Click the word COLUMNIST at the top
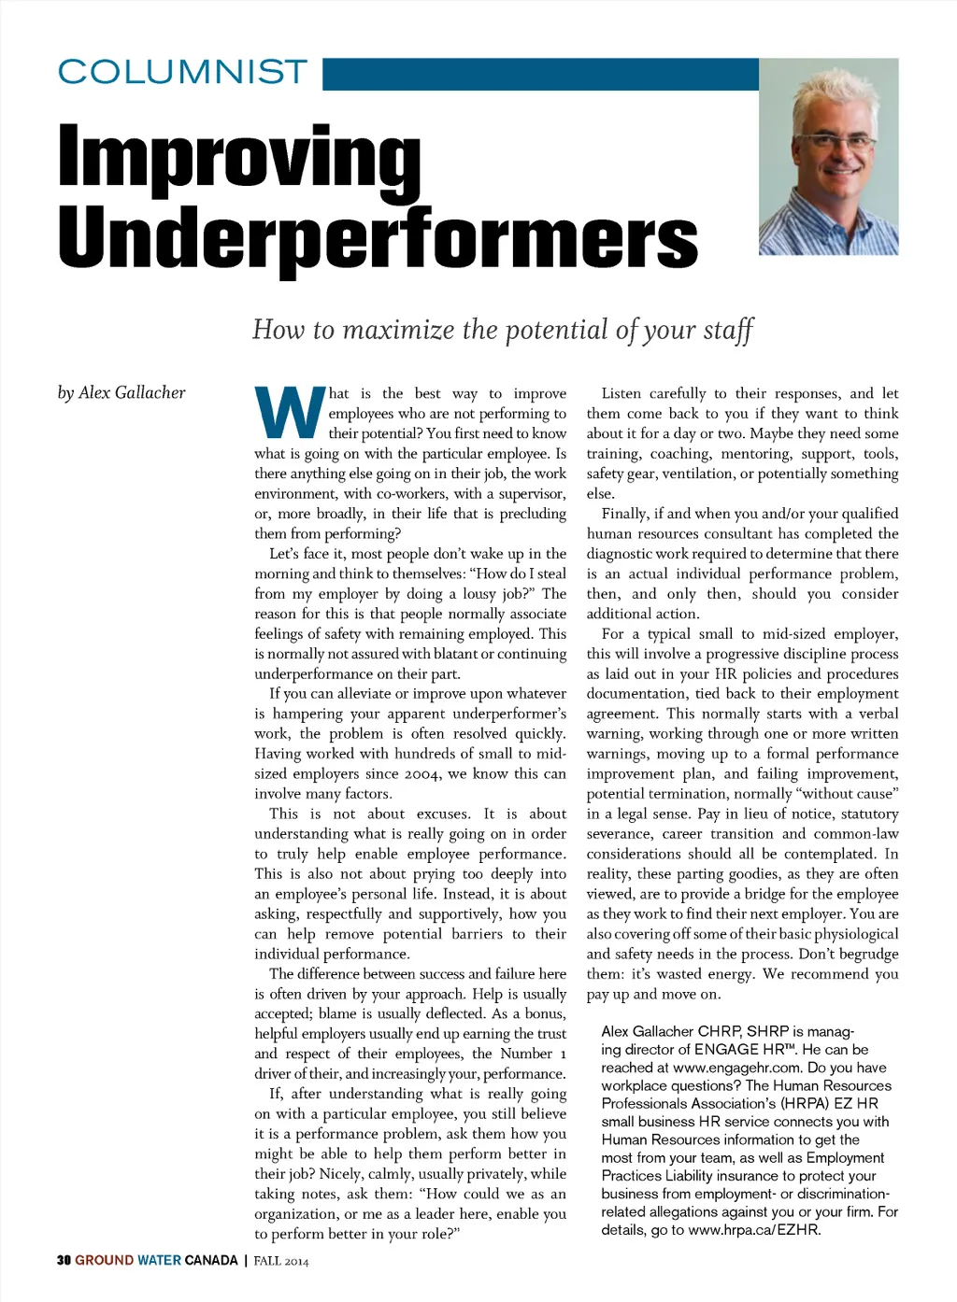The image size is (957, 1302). click(x=183, y=72)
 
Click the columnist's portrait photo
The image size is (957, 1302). click(x=828, y=158)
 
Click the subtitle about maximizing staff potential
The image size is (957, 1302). click(x=503, y=330)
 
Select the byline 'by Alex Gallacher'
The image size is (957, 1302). click(x=121, y=393)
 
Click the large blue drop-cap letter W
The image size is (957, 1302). click(x=289, y=414)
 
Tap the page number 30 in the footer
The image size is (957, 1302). click(x=64, y=1260)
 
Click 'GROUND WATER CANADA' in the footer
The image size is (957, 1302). click(x=156, y=1260)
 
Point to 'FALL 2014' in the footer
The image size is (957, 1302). click(x=280, y=1261)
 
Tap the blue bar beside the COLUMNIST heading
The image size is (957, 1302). click(x=540, y=74)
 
